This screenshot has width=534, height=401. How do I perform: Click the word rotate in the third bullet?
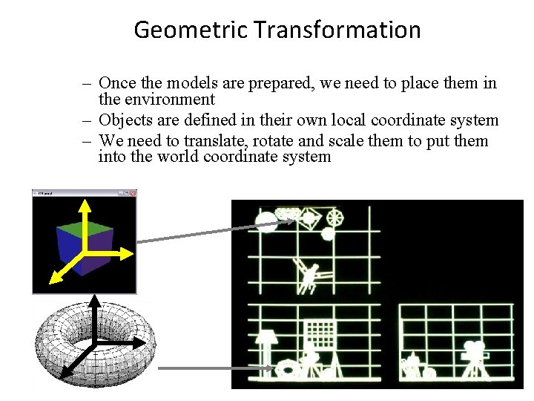point(297,140)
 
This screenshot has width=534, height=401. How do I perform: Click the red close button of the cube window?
point(133,193)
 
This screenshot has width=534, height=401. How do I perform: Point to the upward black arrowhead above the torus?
point(96,301)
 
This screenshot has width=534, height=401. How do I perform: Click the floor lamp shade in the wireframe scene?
point(268,339)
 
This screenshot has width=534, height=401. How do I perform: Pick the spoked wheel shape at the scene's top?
point(335,217)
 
